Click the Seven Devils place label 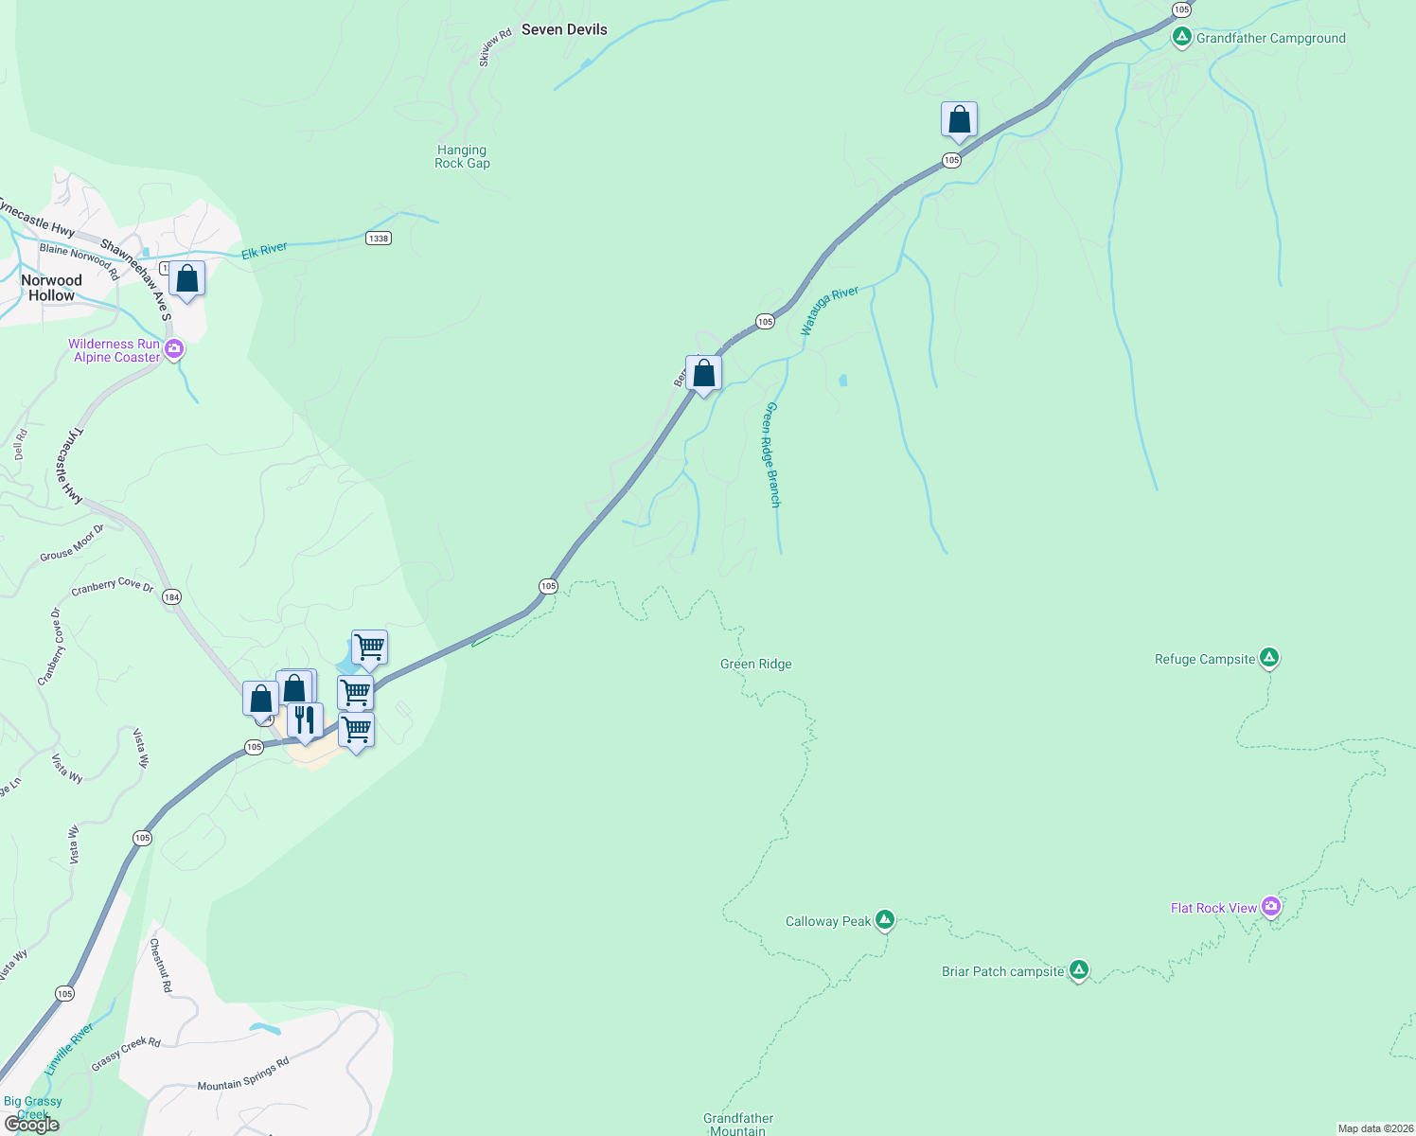(564, 29)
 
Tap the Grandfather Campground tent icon (1181, 38)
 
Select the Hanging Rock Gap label (462, 156)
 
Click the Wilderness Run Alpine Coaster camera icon (174, 350)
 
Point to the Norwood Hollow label (51, 288)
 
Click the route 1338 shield (379, 238)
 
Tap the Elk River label (264, 250)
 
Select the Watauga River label (829, 310)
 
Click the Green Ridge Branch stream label (772, 454)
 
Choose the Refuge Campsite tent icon (1269, 657)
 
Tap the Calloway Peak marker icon (884, 919)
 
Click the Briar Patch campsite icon (1078, 969)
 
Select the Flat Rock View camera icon (1270, 907)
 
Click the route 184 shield (171, 597)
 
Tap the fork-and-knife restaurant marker (305, 720)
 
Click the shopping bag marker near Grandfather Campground (959, 120)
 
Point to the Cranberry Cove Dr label (112, 587)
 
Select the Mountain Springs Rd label (243, 1074)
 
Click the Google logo (32, 1125)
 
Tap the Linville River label (70, 1048)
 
